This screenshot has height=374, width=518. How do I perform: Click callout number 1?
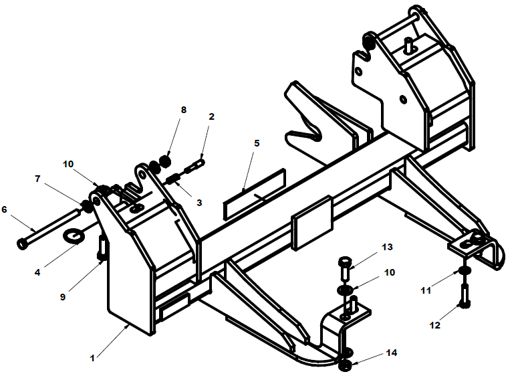point(92,358)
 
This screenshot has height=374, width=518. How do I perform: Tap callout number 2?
point(211,116)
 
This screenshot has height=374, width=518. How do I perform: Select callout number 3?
point(199,202)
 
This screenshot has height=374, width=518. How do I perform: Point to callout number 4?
point(37,272)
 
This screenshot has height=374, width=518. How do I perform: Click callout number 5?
point(257,143)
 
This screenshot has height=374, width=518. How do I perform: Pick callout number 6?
point(4,209)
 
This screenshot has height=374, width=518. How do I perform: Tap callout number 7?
point(37,179)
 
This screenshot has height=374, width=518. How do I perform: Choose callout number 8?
point(184,110)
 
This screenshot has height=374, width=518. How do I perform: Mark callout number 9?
point(63,297)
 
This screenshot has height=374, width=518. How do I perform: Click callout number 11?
point(426,290)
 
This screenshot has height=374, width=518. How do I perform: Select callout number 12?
point(435,325)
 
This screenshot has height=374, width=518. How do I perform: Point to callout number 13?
point(387,247)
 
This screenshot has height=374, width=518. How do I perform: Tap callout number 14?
point(392,353)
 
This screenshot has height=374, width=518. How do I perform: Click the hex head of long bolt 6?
point(23,244)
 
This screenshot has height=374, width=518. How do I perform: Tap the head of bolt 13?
point(346,262)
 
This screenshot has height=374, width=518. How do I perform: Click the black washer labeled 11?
point(465,270)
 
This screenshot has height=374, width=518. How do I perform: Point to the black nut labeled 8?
point(165,161)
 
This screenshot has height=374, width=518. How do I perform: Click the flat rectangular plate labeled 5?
point(255,194)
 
